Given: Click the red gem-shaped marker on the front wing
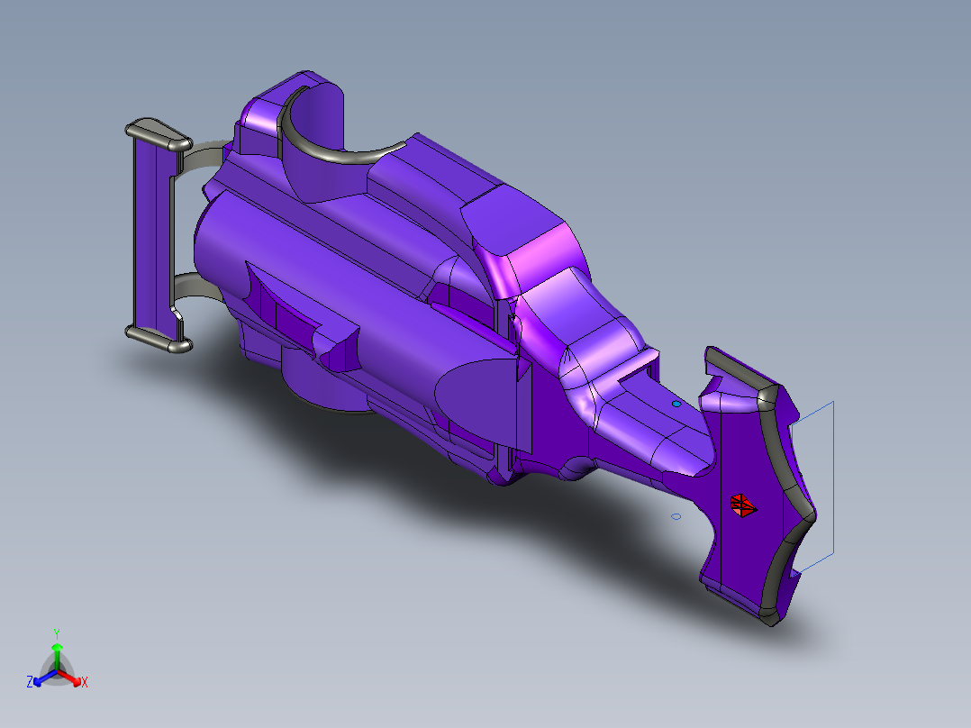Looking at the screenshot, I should [x=743, y=506].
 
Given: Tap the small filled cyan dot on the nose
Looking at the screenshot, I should [x=676, y=405].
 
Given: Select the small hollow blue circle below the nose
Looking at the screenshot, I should [x=676, y=517].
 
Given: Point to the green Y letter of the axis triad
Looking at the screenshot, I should [x=56, y=632].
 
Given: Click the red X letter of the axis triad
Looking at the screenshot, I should [x=85, y=683].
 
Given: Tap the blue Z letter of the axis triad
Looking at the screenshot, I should [x=30, y=683].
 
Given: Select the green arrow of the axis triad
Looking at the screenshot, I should [x=57, y=651].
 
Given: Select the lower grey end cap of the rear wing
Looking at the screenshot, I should [x=158, y=339].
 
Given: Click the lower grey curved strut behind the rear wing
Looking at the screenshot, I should [x=198, y=290].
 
